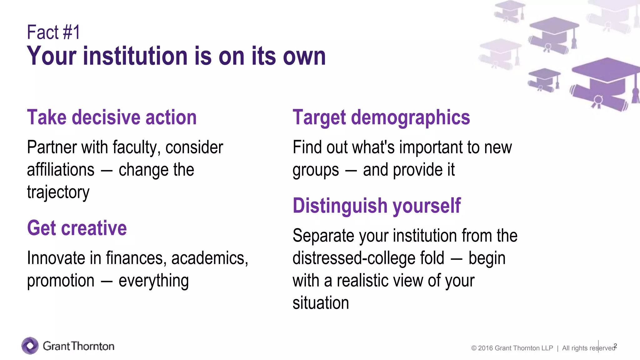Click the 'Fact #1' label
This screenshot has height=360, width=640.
[x=53, y=32]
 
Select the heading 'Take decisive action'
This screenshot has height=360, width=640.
[x=112, y=117]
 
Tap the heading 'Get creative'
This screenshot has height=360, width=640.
[x=77, y=228]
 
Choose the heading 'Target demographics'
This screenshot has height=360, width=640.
[x=381, y=117]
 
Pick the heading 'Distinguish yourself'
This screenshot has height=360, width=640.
[x=377, y=206]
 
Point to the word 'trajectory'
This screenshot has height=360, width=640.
[x=58, y=192]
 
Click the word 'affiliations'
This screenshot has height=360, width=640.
[x=61, y=170]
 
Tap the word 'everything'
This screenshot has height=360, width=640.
[x=153, y=281]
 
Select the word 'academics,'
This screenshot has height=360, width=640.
[x=209, y=258]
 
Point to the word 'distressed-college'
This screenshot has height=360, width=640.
[x=368, y=258]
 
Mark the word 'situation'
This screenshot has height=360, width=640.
[x=321, y=303]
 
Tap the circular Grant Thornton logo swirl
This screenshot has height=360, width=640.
[x=30, y=346]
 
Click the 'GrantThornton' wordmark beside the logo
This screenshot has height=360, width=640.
[x=78, y=346]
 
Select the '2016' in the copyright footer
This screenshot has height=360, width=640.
[x=485, y=348]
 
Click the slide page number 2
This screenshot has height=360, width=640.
[x=615, y=346]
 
